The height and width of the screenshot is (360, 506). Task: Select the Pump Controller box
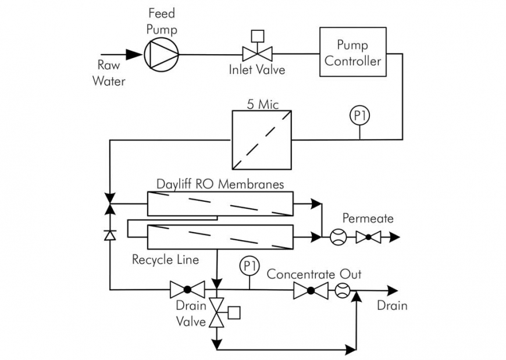point(352,52)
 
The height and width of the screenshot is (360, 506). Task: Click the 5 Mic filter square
point(261,140)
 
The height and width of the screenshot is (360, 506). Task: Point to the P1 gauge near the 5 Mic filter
point(359,116)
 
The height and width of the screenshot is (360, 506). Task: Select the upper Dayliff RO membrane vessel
point(219,204)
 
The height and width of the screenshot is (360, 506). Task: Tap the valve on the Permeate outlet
point(368,237)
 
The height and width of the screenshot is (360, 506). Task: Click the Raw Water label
point(109,73)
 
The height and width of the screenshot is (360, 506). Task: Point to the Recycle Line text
point(165,259)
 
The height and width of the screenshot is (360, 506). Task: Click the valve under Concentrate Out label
point(311,290)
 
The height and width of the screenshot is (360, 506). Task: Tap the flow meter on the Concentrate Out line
point(342,290)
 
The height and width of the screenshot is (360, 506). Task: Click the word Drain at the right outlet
point(392,305)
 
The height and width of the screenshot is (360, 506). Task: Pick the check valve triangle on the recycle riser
point(109,234)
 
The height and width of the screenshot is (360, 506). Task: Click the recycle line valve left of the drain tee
point(187,290)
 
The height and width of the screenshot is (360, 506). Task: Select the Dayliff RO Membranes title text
point(220,184)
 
